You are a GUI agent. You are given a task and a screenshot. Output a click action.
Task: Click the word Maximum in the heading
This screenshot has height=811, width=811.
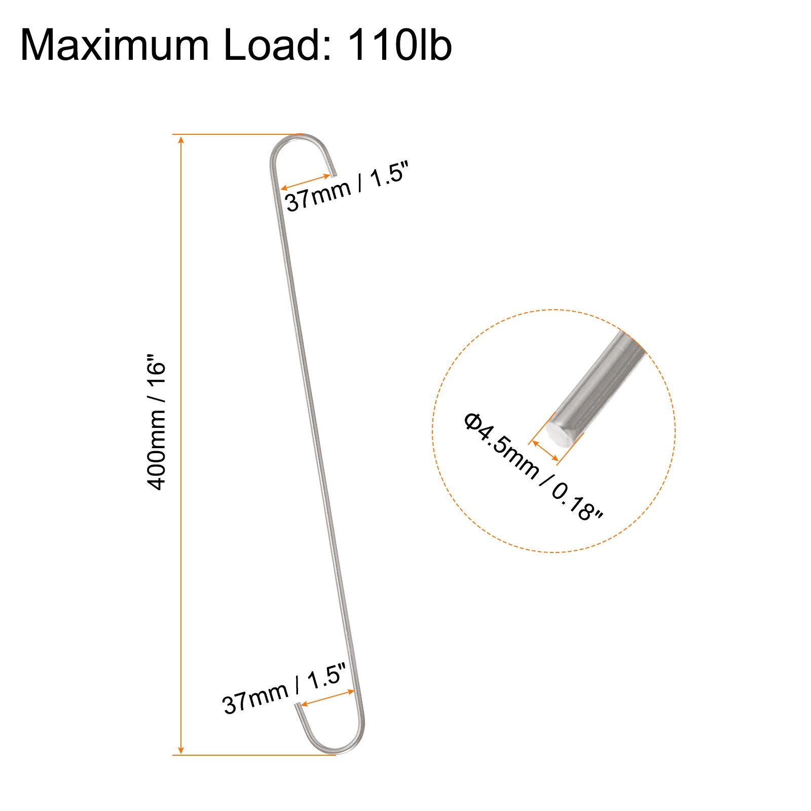pos(115,46)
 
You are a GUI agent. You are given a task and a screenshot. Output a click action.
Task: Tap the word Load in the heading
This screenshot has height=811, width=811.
pos(277,46)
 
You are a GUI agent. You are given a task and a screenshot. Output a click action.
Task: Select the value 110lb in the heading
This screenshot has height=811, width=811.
pos(398,46)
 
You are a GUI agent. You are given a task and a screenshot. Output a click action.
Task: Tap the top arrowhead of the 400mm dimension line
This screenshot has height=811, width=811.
pos(181,140)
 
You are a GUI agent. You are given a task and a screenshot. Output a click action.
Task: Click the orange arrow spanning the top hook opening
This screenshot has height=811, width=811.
pos(306,182)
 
